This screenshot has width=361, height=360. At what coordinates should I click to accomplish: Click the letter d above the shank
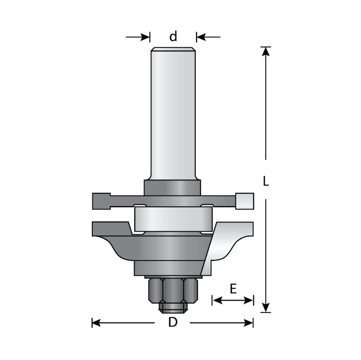[173, 37]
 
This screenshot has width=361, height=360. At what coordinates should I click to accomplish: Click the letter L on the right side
[265, 181]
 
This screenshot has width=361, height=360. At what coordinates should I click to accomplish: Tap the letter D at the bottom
[173, 323]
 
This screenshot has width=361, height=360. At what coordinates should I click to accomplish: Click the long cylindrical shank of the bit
[173, 113]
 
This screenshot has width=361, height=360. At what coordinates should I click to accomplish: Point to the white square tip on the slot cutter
[244, 201]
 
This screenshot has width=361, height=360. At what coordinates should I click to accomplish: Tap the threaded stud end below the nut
[173, 307]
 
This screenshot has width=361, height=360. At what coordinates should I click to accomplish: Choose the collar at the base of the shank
[173, 186]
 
